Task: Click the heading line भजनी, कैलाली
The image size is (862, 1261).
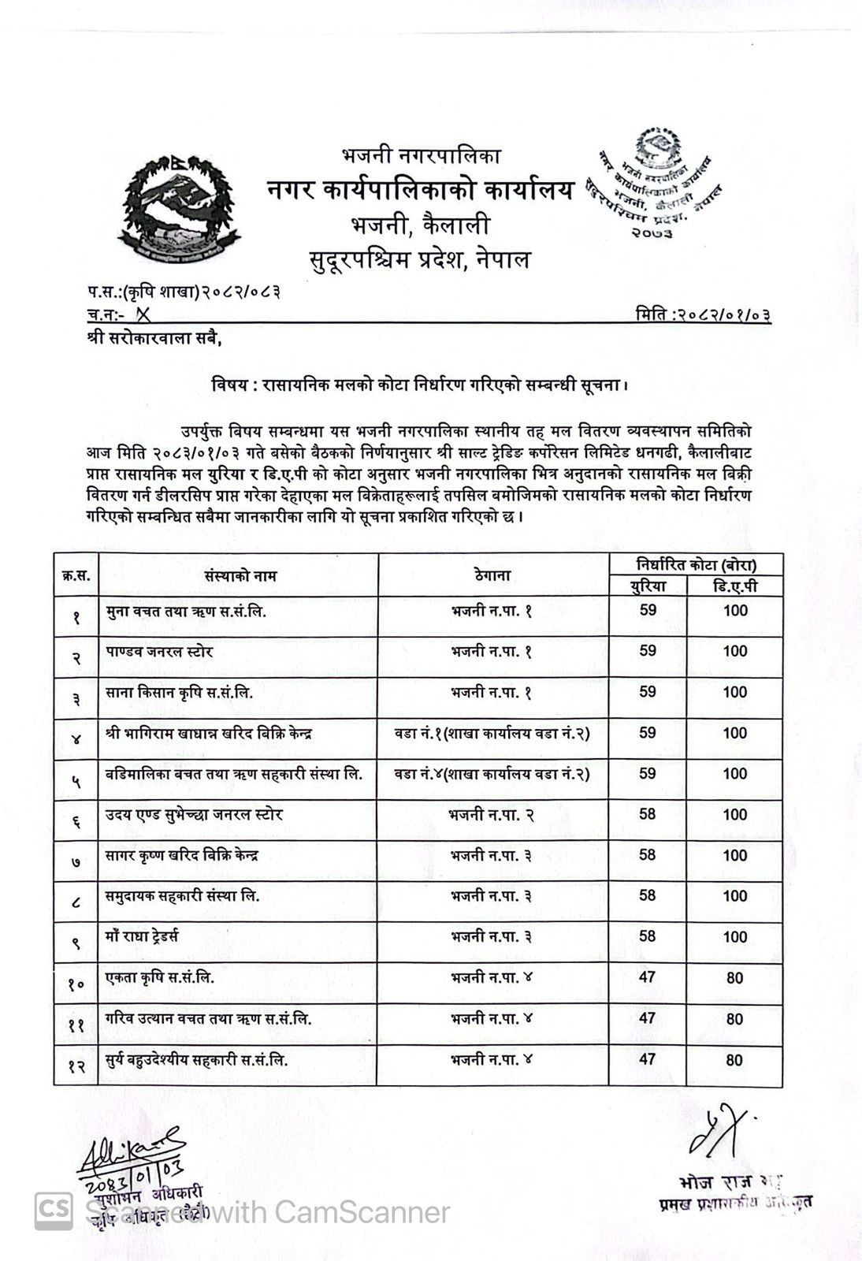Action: [x=420, y=226]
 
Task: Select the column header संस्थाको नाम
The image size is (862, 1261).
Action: [x=240, y=576]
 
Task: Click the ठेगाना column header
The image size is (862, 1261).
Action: [x=493, y=575]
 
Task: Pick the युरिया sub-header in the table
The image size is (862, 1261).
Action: [x=648, y=586]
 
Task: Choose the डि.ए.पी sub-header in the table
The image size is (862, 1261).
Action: [x=734, y=586]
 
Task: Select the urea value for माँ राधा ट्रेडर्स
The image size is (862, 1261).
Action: [x=648, y=936]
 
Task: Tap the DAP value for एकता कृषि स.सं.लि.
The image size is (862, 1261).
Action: [x=734, y=978]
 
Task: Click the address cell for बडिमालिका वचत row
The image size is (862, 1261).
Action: [x=492, y=774]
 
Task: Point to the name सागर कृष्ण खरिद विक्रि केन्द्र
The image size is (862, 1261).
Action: [x=182, y=855]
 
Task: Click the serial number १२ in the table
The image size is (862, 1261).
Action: [x=76, y=1066]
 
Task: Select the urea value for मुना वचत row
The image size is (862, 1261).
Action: [x=648, y=610]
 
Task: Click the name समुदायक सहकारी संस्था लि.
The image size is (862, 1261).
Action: [x=183, y=896]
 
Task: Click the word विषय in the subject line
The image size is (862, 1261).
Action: [x=228, y=385]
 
